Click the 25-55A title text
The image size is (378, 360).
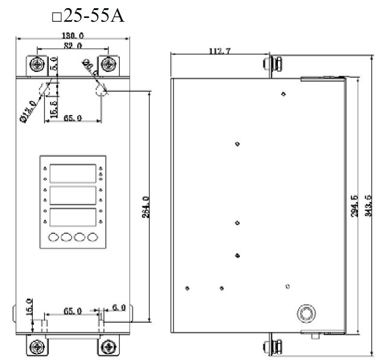(88, 16)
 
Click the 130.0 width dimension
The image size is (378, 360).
(73, 35)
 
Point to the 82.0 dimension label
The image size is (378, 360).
(73, 45)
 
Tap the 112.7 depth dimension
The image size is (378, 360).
(219, 51)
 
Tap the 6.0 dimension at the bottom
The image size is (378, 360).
(118, 308)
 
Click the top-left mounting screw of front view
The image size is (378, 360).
(37, 64)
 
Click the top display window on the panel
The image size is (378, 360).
(73, 173)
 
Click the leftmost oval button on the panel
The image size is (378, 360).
(54, 237)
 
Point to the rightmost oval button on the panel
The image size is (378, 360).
(92, 237)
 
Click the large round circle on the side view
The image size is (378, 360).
(305, 313)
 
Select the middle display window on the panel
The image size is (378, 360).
(73, 195)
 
